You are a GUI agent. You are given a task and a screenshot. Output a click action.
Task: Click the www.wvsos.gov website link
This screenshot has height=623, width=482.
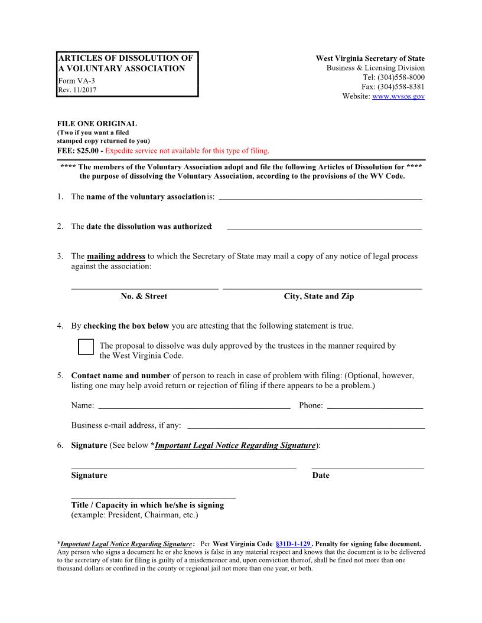398,96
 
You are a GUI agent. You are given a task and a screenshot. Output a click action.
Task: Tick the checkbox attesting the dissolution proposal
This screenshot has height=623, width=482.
86,347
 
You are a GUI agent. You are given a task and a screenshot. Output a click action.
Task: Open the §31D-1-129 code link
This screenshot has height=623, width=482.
293,543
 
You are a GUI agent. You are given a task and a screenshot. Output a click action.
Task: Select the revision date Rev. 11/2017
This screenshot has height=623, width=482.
77,90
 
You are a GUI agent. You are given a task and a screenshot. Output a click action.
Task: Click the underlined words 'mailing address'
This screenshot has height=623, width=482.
116,257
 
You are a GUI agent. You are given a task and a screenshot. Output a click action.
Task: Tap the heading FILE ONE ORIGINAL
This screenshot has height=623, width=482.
97,124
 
